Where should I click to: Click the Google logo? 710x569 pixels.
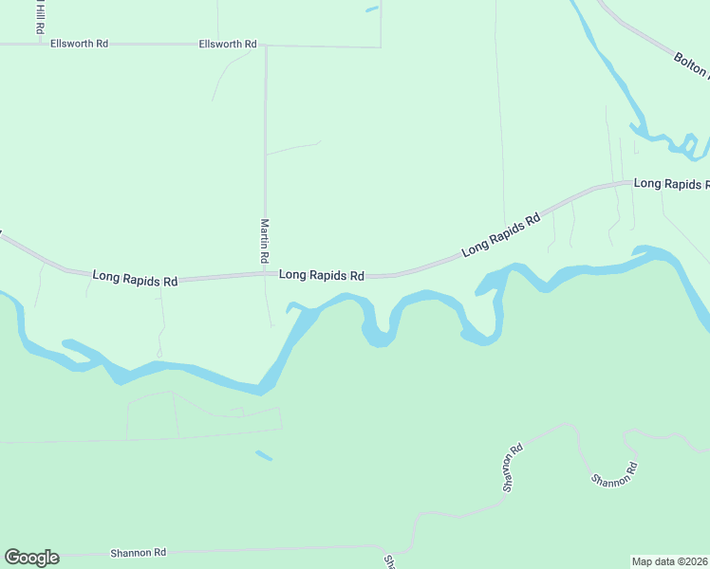pyautogui.click(x=31, y=558)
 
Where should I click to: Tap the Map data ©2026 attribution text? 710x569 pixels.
pyautogui.click(x=670, y=560)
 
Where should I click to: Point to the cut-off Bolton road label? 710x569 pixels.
pyautogui.click(x=691, y=64)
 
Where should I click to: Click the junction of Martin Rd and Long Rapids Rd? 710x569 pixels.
pyautogui.click(x=266, y=275)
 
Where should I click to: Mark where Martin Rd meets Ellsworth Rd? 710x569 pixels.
pyautogui.click(x=266, y=46)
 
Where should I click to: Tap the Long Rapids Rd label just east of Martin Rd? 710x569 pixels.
pyautogui.click(x=322, y=275)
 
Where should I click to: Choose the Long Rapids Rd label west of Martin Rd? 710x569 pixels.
pyautogui.click(x=135, y=280)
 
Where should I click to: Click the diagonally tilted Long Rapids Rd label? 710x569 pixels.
pyautogui.click(x=501, y=235)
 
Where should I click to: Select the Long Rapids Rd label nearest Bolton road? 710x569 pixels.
pyautogui.click(x=671, y=183)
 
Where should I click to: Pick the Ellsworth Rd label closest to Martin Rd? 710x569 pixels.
pyautogui.click(x=228, y=45)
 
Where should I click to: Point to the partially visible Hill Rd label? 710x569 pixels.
pyautogui.click(x=40, y=17)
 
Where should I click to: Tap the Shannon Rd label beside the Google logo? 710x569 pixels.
pyautogui.click(x=138, y=552)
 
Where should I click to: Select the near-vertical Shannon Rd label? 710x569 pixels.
pyautogui.click(x=514, y=468)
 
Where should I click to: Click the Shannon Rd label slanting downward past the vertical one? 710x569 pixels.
pyautogui.click(x=613, y=474)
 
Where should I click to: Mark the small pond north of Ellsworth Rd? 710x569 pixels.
pyautogui.click(x=371, y=9)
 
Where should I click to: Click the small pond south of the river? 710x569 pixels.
pyautogui.click(x=264, y=456)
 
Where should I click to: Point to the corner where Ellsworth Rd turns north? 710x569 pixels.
pyautogui.click(x=381, y=46)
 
